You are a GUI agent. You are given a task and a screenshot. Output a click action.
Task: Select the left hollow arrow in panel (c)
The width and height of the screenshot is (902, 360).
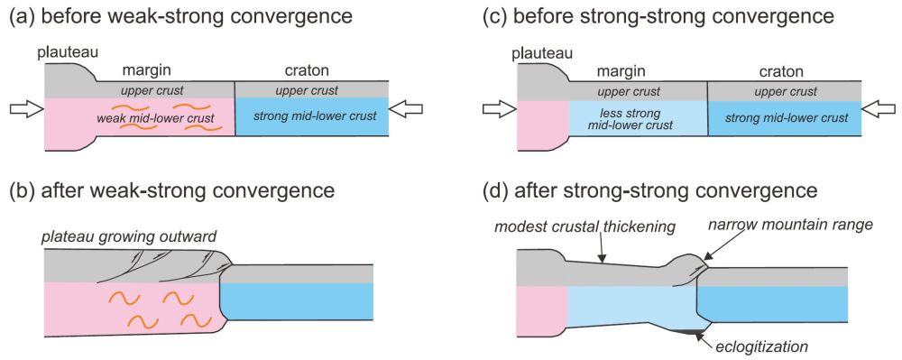pyautogui.click(x=497, y=110)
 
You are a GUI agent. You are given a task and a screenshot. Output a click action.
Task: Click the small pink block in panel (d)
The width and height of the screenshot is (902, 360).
pyautogui.click(x=541, y=307)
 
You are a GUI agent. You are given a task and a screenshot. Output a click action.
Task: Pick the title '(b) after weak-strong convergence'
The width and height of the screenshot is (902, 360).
pyautogui.click(x=171, y=190)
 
